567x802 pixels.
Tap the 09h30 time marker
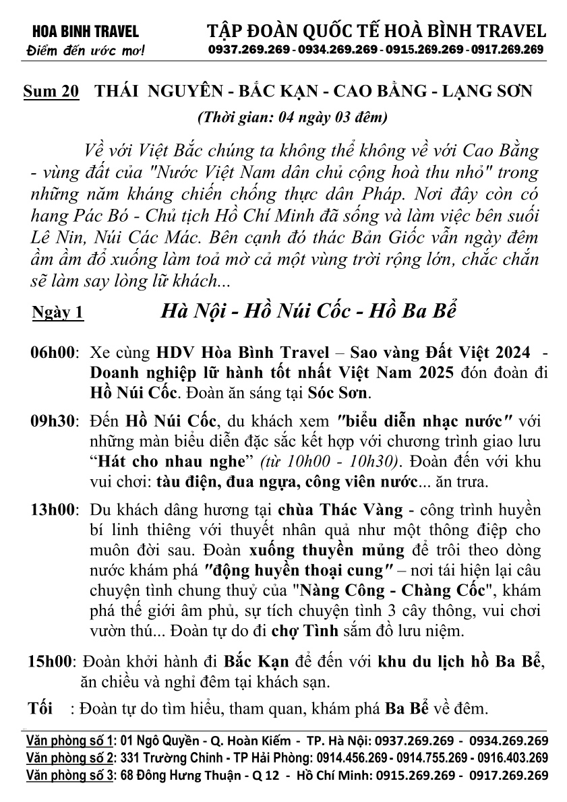click(53, 423)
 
